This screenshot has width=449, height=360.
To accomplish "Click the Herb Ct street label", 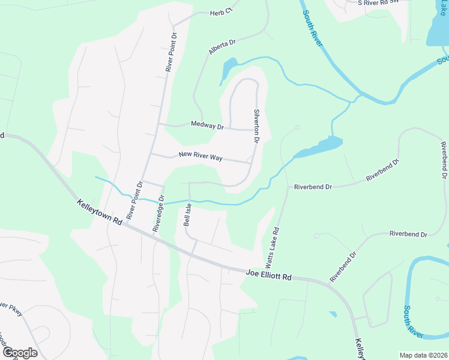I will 220,13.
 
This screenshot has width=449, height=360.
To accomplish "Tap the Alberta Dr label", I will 223,47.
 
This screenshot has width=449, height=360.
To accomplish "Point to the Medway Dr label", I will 207,125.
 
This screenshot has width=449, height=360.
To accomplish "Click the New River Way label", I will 200,157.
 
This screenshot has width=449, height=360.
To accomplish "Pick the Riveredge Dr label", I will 158,213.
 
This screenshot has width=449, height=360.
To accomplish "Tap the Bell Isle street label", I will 187,214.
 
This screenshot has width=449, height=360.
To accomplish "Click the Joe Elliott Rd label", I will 268,275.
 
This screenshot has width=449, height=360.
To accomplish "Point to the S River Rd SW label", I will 378,2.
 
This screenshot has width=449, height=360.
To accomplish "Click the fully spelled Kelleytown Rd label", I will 100,213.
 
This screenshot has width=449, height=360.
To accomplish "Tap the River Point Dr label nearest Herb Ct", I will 172,53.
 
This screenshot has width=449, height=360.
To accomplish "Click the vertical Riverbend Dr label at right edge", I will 444,161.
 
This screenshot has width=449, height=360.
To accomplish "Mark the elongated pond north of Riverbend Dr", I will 319,146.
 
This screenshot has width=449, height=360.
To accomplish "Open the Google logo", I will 19,353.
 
